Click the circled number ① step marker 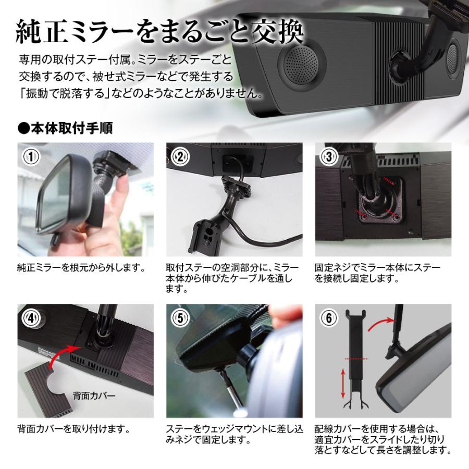30,156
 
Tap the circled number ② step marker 179,156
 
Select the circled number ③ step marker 328,156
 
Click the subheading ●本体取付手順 65,128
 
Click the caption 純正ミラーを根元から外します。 80,268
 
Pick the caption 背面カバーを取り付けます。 73,430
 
